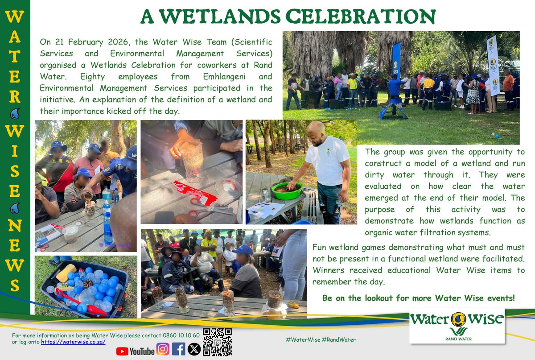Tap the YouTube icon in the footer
coord(135,351)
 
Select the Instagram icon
coord(163,348)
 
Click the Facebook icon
coord(178,348)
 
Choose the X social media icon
coord(194,348)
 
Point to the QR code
coord(217,342)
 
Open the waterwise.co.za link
coord(73,342)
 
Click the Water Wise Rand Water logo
coord(457,325)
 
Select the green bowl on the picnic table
coord(287,190)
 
